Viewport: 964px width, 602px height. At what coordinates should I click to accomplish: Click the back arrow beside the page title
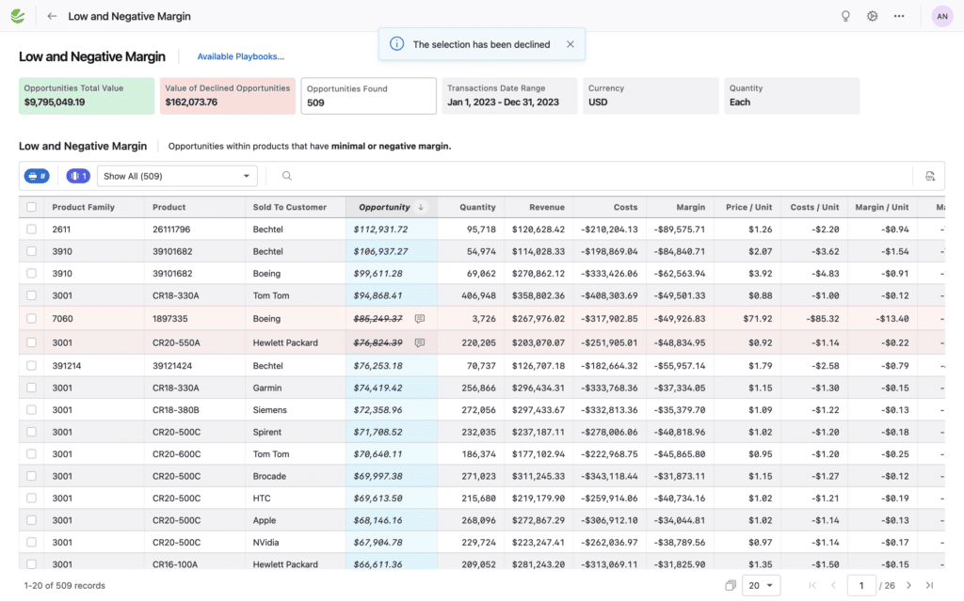(x=52, y=16)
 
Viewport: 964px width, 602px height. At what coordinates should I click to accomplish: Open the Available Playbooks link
(x=240, y=56)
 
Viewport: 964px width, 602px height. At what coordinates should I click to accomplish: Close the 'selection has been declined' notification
(x=570, y=44)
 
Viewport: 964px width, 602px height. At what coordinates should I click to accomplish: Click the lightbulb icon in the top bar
(x=845, y=16)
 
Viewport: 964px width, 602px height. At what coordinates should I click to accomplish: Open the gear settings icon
(x=873, y=16)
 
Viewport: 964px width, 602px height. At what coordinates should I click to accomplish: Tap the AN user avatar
(x=941, y=16)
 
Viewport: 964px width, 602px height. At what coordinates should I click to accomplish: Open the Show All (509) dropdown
(x=177, y=176)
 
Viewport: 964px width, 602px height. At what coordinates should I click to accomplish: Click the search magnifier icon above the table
(x=287, y=176)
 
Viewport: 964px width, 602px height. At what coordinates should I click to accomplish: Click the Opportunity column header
(x=384, y=207)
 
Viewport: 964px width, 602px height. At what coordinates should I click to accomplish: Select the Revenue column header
(x=546, y=207)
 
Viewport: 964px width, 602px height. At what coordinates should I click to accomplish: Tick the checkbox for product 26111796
(x=32, y=230)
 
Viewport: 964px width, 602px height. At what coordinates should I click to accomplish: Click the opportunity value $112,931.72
(x=380, y=230)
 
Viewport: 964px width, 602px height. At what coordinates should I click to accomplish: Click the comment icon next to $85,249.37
(x=420, y=319)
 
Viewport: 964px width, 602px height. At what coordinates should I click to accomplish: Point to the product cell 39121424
(x=171, y=365)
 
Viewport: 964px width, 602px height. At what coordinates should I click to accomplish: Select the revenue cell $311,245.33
(x=538, y=476)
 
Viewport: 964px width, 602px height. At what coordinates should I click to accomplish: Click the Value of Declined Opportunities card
(x=228, y=95)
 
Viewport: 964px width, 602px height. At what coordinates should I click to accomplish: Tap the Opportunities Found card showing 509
(x=368, y=95)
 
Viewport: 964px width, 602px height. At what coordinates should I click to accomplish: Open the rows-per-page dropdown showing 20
(x=761, y=585)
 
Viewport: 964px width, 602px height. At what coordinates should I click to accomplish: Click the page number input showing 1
(x=860, y=585)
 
